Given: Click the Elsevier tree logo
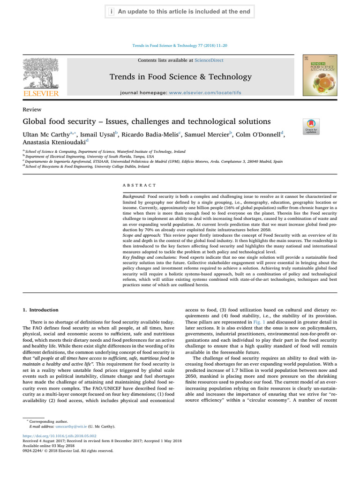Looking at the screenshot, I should pos(41,77).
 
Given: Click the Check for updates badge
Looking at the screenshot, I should pos(311,126).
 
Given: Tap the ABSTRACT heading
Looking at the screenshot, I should pos(139,186).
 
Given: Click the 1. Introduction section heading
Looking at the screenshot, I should pos(41,310).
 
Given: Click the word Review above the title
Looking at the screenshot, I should pos(31,109).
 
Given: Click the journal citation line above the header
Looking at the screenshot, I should pos(180,45).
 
